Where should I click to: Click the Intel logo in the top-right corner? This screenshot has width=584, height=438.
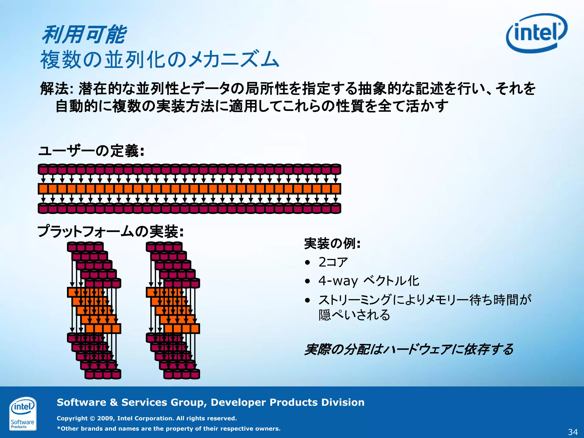[536, 33]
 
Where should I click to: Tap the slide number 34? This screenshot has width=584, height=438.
[573, 432]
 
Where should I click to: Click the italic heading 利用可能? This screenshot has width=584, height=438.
[84, 35]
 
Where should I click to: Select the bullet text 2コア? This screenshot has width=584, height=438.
[333, 262]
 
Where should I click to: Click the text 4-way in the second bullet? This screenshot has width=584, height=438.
[338, 281]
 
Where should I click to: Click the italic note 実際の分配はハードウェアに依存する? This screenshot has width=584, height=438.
[409, 349]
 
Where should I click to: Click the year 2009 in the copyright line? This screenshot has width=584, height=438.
[106, 418]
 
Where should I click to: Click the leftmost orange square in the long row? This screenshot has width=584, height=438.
[43, 189]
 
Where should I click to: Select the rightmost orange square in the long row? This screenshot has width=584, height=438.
[336, 189]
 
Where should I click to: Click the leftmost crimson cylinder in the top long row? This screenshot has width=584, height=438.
[43, 169]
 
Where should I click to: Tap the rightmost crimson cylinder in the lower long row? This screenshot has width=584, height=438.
[336, 208]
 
